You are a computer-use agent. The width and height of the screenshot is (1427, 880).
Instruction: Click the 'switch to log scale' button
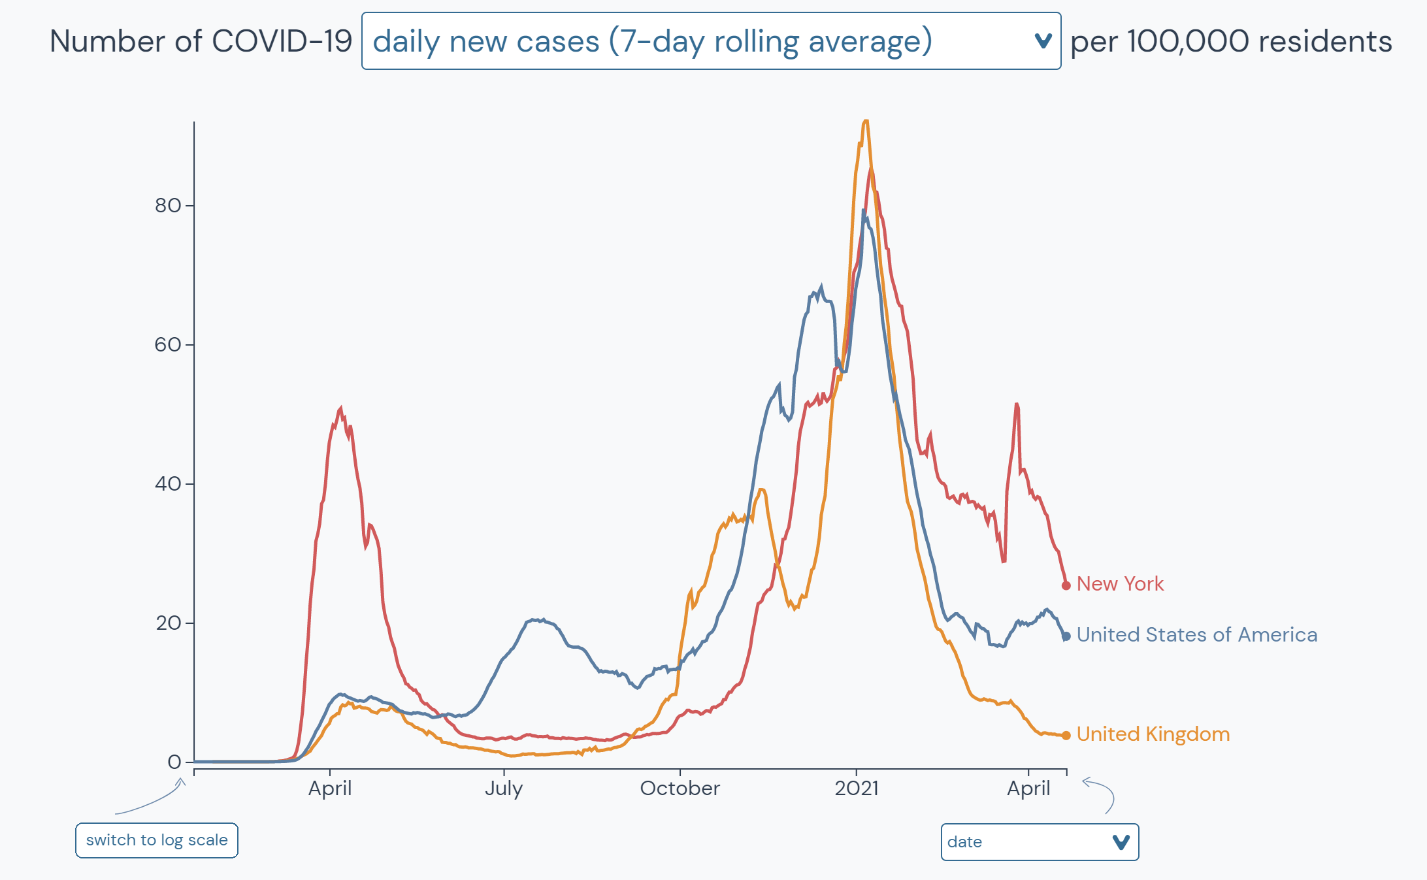point(157,840)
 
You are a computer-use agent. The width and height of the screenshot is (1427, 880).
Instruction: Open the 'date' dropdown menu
point(1039,842)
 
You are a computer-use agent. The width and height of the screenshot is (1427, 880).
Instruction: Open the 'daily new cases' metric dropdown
point(710,41)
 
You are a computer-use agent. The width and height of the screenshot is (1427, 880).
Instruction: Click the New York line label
point(1119,583)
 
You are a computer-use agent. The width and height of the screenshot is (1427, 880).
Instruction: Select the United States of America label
point(1196,634)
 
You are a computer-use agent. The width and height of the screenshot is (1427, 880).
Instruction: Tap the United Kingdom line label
point(1153,734)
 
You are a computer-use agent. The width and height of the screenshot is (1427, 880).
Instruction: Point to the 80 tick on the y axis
point(168,206)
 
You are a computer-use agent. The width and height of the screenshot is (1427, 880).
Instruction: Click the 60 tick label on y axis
point(168,345)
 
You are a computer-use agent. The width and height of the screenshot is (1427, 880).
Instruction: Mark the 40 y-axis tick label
point(168,484)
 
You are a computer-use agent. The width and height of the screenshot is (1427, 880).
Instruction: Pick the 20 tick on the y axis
point(168,623)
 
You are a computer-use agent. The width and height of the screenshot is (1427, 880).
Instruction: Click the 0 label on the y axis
point(174,762)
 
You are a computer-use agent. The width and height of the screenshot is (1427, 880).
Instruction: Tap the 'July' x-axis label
point(503,789)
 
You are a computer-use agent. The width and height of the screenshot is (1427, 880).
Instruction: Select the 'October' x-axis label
point(680,789)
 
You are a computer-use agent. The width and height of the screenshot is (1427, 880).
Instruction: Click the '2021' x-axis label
point(857,789)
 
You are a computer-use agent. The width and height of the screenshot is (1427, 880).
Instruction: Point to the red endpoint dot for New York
point(1066,585)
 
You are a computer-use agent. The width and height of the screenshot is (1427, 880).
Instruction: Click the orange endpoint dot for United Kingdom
point(1066,736)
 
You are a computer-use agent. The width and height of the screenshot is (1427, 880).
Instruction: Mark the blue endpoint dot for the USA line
point(1066,636)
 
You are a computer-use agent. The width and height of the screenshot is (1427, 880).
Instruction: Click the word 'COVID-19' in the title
point(282,41)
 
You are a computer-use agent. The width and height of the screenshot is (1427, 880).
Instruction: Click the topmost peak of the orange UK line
point(866,122)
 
